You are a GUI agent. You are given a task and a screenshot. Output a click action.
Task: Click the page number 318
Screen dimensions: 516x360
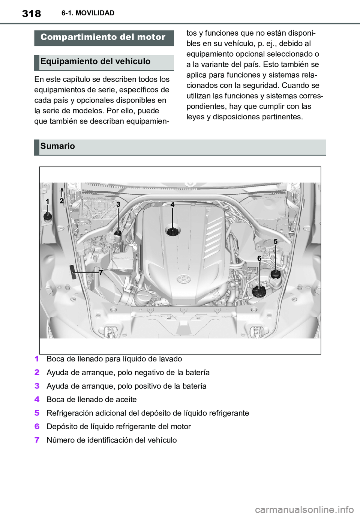click(31, 14)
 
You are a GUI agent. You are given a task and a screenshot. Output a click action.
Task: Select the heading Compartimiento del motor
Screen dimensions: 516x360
click(103, 37)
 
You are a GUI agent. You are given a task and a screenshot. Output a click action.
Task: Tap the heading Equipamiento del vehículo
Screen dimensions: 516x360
click(95, 62)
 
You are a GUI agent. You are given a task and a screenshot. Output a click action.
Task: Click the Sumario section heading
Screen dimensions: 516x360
click(58, 146)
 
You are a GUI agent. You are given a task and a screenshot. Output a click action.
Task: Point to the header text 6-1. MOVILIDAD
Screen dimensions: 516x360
click(88, 13)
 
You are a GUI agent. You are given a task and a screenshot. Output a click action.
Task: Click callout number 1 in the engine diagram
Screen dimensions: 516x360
click(48, 202)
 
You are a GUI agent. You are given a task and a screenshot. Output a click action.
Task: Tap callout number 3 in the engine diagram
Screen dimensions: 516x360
click(118, 205)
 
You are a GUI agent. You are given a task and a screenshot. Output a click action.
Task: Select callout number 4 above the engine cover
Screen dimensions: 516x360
click(172, 205)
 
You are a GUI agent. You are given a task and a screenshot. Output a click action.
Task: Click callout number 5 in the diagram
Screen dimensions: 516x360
click(275, 242)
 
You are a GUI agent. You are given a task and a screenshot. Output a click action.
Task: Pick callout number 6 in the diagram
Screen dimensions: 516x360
click(259, 258)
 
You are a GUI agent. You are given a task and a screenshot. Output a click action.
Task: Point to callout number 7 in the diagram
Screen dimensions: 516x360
click(101, 273)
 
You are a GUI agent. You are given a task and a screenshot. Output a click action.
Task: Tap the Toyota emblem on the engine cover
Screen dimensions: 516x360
click(184, 279)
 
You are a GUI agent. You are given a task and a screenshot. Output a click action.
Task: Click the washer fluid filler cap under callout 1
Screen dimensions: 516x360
click(48, 217)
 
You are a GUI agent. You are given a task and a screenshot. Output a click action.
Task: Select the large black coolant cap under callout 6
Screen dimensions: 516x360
click(259, 291)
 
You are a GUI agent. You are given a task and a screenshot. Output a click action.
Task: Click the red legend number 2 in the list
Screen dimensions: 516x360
click(37, 372)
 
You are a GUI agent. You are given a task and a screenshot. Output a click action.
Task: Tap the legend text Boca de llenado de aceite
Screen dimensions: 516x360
click(91, 399)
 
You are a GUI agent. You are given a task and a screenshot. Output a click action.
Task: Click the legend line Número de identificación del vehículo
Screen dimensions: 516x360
click(111, 440)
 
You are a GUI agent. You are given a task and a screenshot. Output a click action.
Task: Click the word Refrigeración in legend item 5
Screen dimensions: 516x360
click(70, 413)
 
